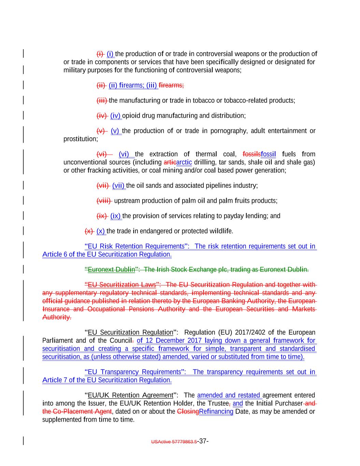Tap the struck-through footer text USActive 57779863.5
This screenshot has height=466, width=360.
(174, 442)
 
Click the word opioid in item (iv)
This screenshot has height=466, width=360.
(131, 116)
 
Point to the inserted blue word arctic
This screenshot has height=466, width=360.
(184, 162)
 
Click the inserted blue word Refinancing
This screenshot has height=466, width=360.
(216, 411)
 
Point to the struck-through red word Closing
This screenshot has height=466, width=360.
(188, 411)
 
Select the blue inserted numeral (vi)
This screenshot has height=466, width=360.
(124, 154)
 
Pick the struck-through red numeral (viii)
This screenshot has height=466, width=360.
(104, 201)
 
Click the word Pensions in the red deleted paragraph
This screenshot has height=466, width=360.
(174, 309)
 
